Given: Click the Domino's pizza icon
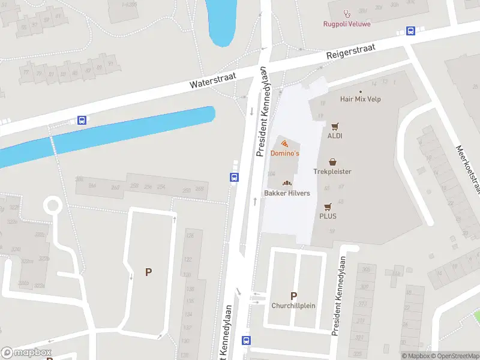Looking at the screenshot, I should (x=284, y=144).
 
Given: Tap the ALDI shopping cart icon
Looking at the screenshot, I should (x=335, y=126).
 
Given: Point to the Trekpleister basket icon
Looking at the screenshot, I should (x=332, y=162).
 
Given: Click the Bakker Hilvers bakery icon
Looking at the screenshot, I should (x=287, y=184).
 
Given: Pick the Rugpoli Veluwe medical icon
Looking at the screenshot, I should (x=346, y=14).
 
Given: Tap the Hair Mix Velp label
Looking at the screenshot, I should (x=360, y=99).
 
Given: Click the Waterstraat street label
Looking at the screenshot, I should (x=213, y=80).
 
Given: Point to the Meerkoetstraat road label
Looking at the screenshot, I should (x=469, y=170).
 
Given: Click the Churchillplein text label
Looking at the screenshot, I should (x=293, y=305).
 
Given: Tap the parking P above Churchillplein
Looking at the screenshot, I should (x=293, y=296).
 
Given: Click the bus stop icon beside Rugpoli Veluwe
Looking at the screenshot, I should (x=411, y=31).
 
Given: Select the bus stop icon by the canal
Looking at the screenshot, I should (x=82, y=120).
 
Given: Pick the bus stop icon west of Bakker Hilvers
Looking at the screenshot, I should (x=234, y=177).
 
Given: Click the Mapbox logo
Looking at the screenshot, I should (x=26, y=353).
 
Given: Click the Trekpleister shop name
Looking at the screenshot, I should (x=332, y=172).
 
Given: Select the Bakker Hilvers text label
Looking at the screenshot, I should (x=287, y=193).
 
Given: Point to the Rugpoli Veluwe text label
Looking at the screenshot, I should (x=346, y=24).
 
